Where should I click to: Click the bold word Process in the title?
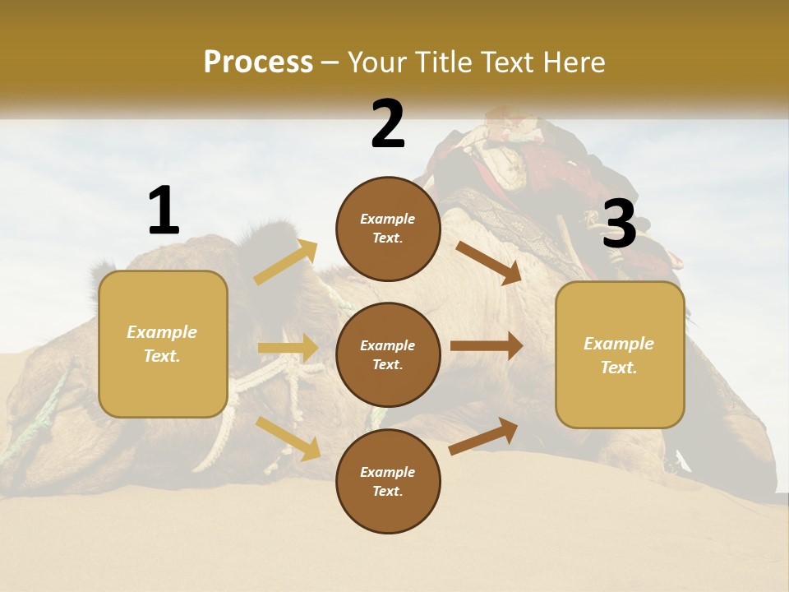pyautogui.click(x=258, y=62)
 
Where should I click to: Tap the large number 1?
pyautogui.click(x=164, y=210)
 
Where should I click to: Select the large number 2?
pyautogui.click(x=388, y=124)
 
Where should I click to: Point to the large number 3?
pyautogui.click(x=619, y=224)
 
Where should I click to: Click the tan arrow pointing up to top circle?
pyautogui.click(x=285, y=263)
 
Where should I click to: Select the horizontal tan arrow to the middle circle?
pyautogui.click(x=288, y=348)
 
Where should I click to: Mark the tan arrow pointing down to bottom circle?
pyautogui.click(x=288, y=437)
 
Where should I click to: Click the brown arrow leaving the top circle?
pyautogui.click(x=488, y=262)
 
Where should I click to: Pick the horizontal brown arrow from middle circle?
pyautogui.click(x=487, y=345)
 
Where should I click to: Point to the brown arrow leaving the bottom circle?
pyautogui.click(x=483, y=437)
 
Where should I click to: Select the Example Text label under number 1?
pyautogui.click(x=162, y=344)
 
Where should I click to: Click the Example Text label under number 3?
pyautogui.click(x=619, y=355)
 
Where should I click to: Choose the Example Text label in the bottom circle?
pyautogui.click(x=388, y=481)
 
